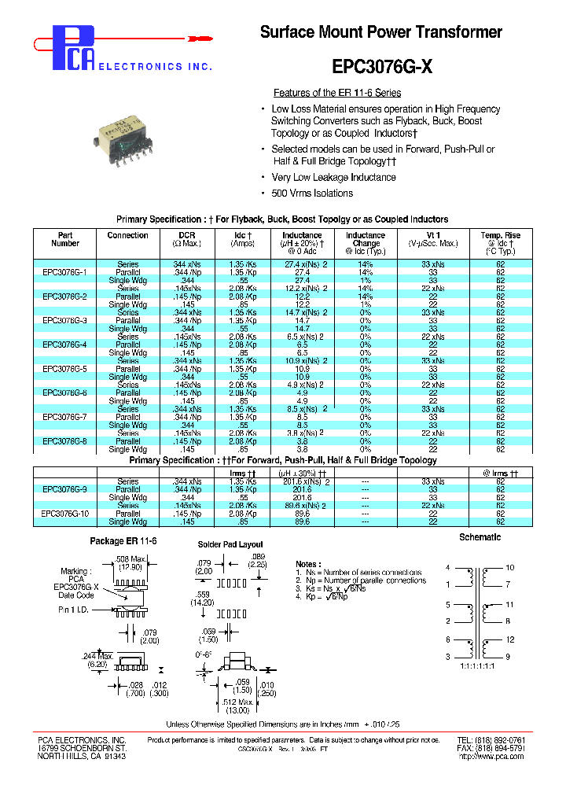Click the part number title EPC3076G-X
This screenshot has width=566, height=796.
coord(382,67)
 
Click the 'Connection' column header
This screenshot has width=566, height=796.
coord(127,235)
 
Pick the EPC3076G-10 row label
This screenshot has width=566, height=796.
coord(64,514)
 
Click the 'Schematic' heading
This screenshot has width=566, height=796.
coord(480,537)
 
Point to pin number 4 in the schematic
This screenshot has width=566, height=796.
coord(447,567)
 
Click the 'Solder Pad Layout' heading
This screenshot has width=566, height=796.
coord(230,544)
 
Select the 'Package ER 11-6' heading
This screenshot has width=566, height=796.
coord(123,541)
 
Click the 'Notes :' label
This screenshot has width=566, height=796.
coord(307,564)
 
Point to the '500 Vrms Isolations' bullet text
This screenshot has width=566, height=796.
coord(312,193)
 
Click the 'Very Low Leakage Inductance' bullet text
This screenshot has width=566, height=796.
coord(333,178)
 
